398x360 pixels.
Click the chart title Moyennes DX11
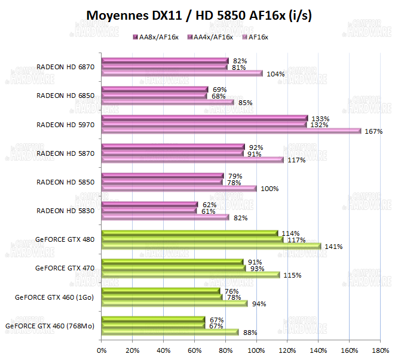tap(199, 15)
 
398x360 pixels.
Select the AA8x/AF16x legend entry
tap(156, 37)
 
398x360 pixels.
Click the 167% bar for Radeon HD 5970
tap(231, 131)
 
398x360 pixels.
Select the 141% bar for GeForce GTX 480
tap(212, 246)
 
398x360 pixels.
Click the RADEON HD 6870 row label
tap(65, 67)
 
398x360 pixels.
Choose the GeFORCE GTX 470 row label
tap(65, 267)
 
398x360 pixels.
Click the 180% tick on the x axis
tap(380, 350)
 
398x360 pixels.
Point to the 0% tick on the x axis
tap(102, 350)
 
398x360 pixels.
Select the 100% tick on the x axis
tap(256, 350)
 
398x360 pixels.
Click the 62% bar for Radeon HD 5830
tap(149, 204)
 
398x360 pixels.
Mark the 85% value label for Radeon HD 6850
tap(245, 103)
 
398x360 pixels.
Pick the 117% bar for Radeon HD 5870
tap(192, 160)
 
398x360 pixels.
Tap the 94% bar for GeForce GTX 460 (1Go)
tap(174, 303)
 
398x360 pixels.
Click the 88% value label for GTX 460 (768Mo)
tap(250, 333)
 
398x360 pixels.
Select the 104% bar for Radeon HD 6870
tap(182, 74)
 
